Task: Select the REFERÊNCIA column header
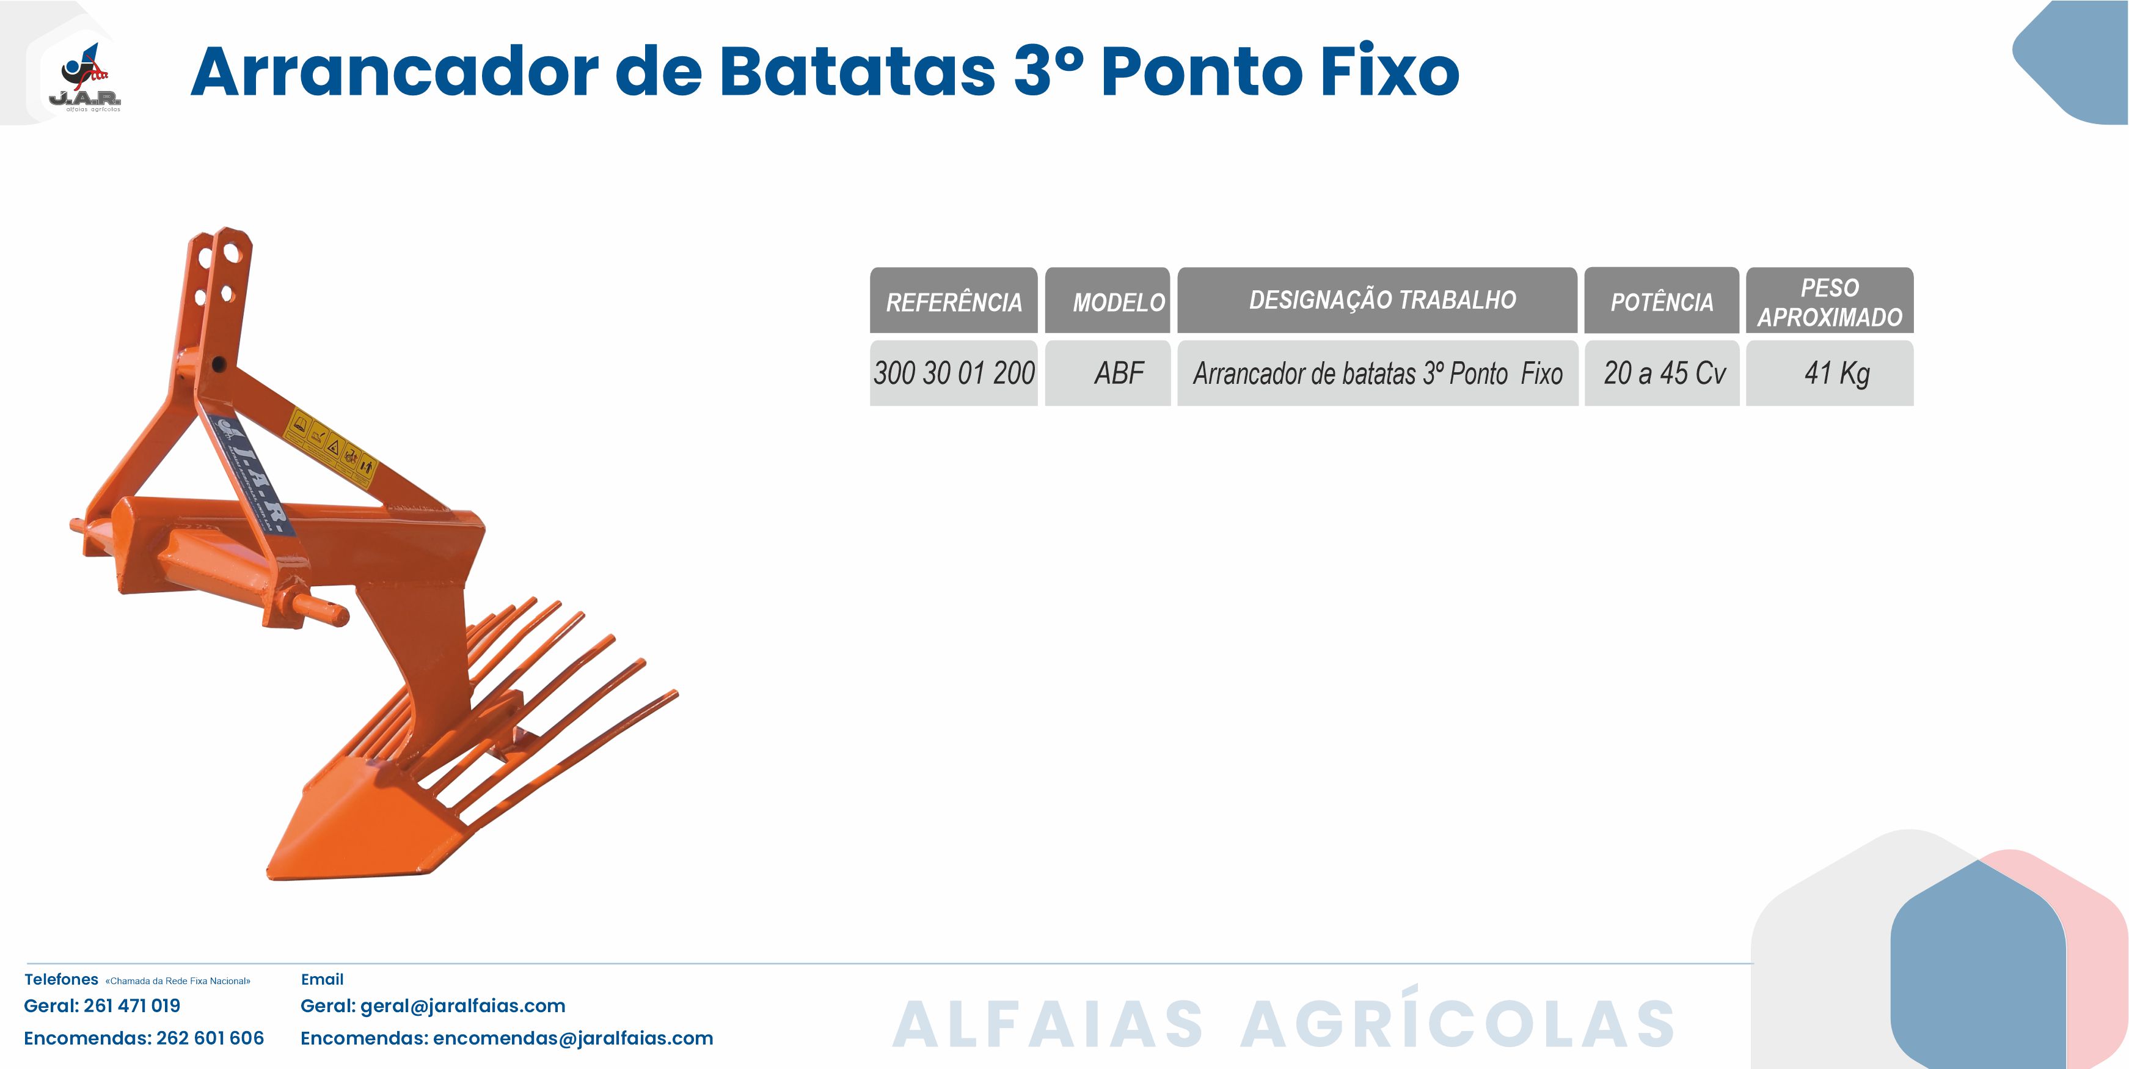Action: tap(954, 300)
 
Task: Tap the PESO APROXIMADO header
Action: tap(1830, 300)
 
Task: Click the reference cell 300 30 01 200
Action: tap(954, 373)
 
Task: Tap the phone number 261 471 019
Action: tap(132, 1006)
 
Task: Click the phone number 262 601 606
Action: tap(210, 1038)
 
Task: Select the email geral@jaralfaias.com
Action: tap(463, 1006)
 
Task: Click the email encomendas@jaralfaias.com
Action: tap(573, 1038)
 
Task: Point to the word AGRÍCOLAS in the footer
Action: tap(1458, 1018)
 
